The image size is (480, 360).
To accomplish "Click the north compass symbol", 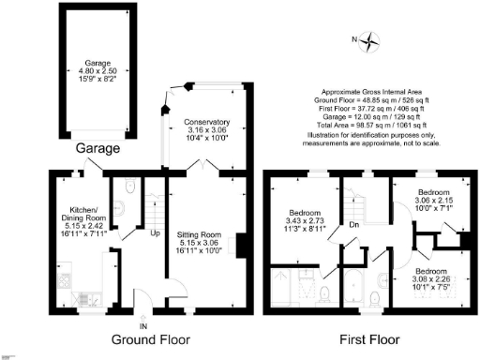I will click(x=372, y=40).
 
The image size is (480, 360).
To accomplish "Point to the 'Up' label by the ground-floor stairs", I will click(x=155, y=233).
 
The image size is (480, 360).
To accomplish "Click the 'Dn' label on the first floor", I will click(x=352, y=224).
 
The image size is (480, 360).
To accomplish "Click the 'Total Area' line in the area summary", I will click(x=372, y=124).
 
